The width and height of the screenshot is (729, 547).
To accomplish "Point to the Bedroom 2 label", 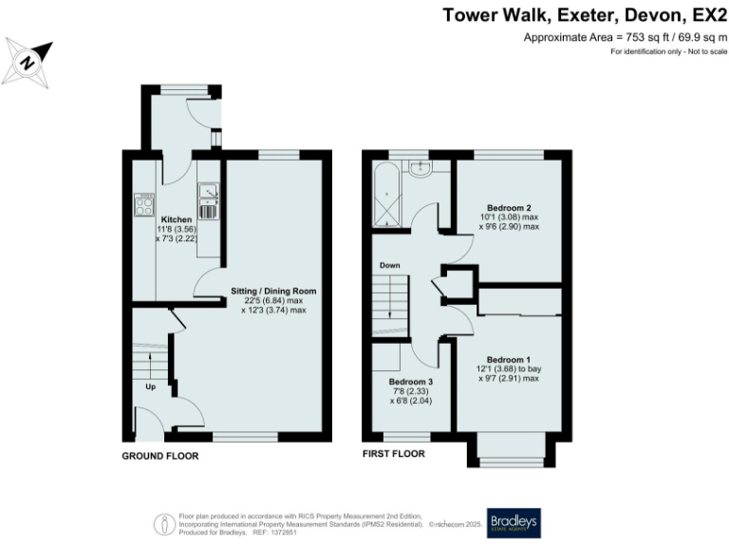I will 509,207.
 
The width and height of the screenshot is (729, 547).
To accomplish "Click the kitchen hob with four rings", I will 144,204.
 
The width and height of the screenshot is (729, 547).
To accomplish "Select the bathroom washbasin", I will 419,168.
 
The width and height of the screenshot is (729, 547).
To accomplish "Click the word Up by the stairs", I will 150,387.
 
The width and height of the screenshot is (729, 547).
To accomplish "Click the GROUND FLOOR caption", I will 159,456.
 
